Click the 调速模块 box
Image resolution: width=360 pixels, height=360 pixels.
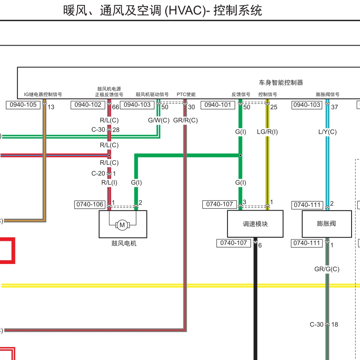coord(255,224)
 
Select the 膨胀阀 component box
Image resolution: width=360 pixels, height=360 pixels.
coord(326,224)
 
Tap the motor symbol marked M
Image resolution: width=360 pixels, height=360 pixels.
coord(122,225)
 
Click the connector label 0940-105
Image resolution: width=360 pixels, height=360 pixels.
coord(23,105)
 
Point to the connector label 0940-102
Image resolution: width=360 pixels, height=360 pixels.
coord(88,105)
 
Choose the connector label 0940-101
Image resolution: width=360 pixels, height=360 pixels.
coord(218,105)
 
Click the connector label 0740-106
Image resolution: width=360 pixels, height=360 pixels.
coord(90,205)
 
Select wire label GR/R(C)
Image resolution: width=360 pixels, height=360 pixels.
coord(185,120)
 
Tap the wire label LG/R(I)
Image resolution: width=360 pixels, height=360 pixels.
coord(267,132)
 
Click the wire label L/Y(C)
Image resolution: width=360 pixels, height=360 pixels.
coord(327,132)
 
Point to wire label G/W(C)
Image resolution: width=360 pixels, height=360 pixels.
coord(158,120)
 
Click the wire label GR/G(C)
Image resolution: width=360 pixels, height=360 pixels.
coord(326,269)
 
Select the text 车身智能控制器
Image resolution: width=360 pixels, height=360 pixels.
coord(281,82)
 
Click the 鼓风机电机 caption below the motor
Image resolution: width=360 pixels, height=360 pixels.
coord(124,243)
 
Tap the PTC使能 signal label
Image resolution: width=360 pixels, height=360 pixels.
coord(186,94)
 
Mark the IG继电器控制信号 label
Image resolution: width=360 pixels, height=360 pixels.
coord(43,94)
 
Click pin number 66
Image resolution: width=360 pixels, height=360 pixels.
coord(116,107)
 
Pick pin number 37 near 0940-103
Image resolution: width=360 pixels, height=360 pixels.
coord(335,107)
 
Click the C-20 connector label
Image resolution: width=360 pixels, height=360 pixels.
coord(98,174)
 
